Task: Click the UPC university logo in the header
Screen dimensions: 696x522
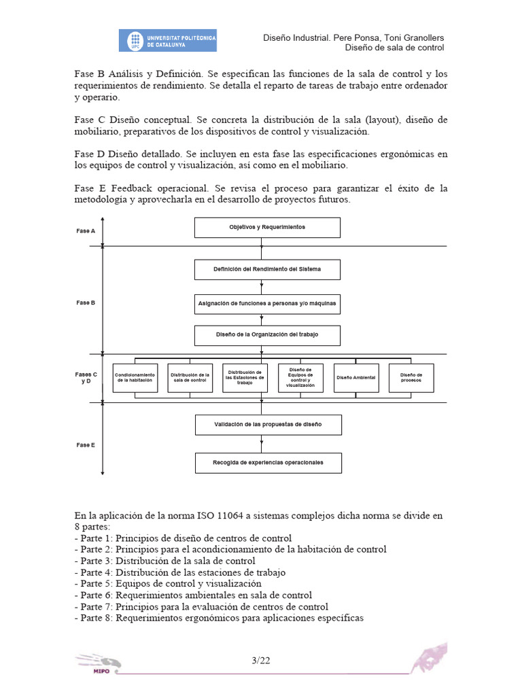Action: pyautogui.click(x=168, y=40)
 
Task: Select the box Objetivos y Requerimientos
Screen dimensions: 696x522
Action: pyautogui.click(x=267, y=227)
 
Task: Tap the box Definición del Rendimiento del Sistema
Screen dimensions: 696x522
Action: pyautogui.click(x=267, y=269)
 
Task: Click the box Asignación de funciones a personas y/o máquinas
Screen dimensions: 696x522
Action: pyautogui.click(x=267, y=304)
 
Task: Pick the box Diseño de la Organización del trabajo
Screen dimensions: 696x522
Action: pyautogui.click(x=267, y=335)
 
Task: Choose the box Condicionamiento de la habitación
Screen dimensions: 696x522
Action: pyautogui.click(x=135, y=378)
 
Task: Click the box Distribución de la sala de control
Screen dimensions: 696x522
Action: pyautogui.click(x=190, y=378)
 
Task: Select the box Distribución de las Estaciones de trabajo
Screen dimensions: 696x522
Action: pyautogui.click(x=245, y=378)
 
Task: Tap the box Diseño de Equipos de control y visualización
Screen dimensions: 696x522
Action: pyautogui.click(x=300, y=378)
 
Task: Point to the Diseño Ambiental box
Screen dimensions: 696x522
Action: pyautogui.click(x=356, y=378)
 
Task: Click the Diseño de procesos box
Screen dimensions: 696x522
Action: pyautogui.click(x=411, y=378)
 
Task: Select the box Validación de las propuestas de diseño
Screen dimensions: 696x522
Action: pyautogui.click(x=268, y=425)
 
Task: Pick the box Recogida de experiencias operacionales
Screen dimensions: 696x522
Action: pyautogui.click(x=268, y=463)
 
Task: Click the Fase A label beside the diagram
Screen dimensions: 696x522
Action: pyautogui.click(x=86, y=231)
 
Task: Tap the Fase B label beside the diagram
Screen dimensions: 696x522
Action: pyautogui.click(x=86, y=302)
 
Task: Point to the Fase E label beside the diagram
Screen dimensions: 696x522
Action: pyautogui.click(x=86, y=445)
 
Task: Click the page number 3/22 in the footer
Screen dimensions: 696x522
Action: pyautogui.click(x=261, y=660)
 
